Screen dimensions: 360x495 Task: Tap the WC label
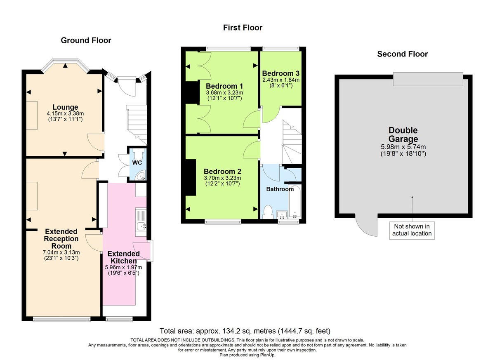tap(137, 163)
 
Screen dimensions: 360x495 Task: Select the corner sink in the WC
tap(141, 176)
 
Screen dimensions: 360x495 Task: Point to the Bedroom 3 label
tap(280, 73)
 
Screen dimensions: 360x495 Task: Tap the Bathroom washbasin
tap(282, 215)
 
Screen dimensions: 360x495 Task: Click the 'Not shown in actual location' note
tap(412, 230)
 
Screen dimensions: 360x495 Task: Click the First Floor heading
tap(243, 28)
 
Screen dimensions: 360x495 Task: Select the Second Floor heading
tap(402, 54)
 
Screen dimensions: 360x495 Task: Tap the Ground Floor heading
tap(86, 40)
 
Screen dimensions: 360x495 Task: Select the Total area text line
tap(245, 331)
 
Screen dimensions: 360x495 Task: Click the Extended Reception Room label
tap(62, 239)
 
